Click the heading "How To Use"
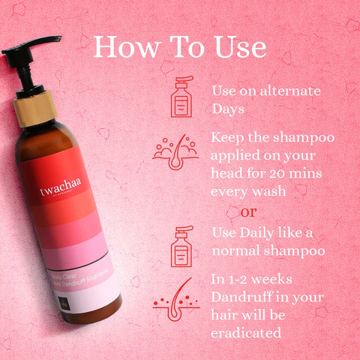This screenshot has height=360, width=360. [180, 46]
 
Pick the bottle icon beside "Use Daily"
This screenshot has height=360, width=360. [181, 245]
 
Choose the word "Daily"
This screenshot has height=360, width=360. [259, 230]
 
